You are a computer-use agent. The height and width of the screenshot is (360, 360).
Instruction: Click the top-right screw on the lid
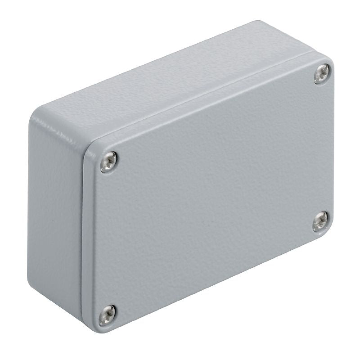(322, 73)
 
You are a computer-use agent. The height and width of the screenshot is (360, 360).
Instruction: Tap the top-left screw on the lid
(108, 162)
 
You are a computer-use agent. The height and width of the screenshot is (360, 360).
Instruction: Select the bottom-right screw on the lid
(320, 221)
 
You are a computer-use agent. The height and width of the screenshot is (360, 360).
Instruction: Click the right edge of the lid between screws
(333, 148)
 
